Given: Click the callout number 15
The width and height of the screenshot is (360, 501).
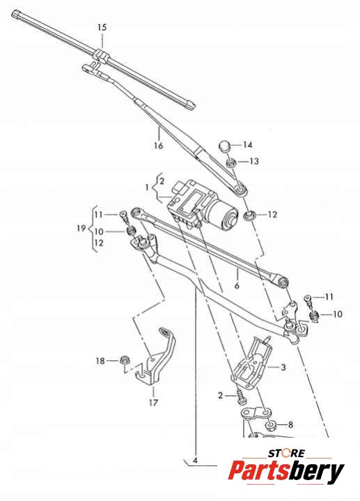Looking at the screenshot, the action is click(x=102, y=27).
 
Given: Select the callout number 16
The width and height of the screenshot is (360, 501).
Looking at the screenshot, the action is click(x=159, y=146).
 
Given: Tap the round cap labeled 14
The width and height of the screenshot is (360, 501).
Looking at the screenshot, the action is click(x=225, y=146).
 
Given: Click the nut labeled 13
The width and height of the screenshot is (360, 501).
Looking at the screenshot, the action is click(x=231, y=162).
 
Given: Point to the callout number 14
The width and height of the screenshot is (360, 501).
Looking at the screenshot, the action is click(x=248, y=145).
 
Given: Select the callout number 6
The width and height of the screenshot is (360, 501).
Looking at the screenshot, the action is click(x=237, y=285).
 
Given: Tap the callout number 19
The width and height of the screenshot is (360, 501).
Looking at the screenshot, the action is click(x=81, y=228).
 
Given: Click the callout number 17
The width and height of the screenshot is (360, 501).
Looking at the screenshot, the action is click(x=153, y=403).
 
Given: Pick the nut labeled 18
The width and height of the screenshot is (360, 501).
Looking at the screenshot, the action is click(x=124, y=360).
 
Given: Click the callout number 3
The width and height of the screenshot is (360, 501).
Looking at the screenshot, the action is click(x=283, y=367).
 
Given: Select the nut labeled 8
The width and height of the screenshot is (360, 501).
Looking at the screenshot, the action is click(x=272, y=426).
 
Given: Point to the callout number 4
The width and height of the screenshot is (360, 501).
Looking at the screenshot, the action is click(x=195, y=461).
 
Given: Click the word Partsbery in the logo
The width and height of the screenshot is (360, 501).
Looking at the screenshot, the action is click(x=286, y=471).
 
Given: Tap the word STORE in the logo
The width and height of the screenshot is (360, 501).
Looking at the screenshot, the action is click(x=286, y=453).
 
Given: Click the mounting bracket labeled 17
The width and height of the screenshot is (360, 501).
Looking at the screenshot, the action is click(x=156, y=356).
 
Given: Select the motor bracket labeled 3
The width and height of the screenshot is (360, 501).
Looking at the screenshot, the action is click(x=251, y=362).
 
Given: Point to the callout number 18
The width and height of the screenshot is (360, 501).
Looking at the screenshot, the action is click(x=100, y=361).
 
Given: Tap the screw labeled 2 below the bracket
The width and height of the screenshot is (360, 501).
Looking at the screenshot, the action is click(x=240, y=398).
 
